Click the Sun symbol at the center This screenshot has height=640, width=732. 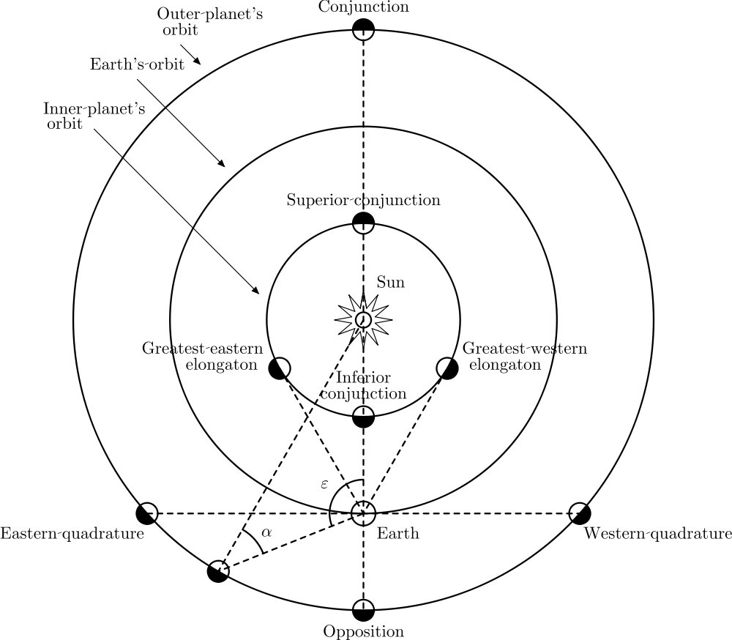(363, 319)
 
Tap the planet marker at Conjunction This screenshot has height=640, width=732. (363, 30)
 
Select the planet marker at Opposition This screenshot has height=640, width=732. (363, 609)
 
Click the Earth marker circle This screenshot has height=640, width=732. (363, 513)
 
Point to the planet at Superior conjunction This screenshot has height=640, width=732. (363, 222)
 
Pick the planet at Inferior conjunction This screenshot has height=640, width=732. (363, 416)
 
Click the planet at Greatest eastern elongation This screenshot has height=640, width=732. (280, 368)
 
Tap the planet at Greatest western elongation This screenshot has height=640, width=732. (447, 368)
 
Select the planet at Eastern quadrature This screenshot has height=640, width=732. (147, 513)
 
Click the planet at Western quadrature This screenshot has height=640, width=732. (579, 513)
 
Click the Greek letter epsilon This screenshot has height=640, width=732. (324, 484)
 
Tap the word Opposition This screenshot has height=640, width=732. (363, 631)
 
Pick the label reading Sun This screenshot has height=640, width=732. (390, 283)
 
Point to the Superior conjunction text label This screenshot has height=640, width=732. (363, 200)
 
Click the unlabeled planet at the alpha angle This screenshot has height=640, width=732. (217, 571)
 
